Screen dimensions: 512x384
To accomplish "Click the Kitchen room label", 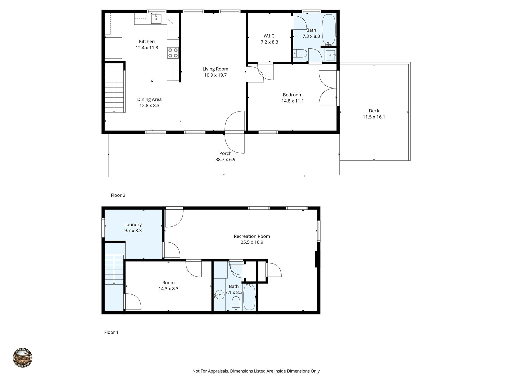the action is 147,41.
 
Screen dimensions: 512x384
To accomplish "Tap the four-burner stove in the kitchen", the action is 173,53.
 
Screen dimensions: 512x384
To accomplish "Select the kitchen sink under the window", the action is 156,19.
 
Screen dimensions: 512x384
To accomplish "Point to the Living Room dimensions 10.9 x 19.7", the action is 215,75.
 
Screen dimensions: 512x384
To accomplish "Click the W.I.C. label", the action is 269,36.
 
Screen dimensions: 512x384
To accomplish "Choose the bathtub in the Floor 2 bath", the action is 328,29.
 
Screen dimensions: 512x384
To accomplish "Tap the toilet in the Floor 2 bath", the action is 300,53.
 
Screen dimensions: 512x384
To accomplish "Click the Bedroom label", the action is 292,95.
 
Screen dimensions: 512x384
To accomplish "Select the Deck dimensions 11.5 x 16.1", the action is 374,117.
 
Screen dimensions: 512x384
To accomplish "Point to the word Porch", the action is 225,153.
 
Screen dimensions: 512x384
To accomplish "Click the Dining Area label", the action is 149,99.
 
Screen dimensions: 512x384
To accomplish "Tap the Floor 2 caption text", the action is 118,195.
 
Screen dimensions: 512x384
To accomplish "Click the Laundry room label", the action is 133,224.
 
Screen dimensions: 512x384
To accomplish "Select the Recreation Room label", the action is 252,236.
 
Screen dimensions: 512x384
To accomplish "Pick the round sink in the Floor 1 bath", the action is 219,295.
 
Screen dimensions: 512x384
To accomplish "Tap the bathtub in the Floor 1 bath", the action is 249,297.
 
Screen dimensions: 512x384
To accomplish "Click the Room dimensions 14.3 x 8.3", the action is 168,288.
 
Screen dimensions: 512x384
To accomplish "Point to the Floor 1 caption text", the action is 111,332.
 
